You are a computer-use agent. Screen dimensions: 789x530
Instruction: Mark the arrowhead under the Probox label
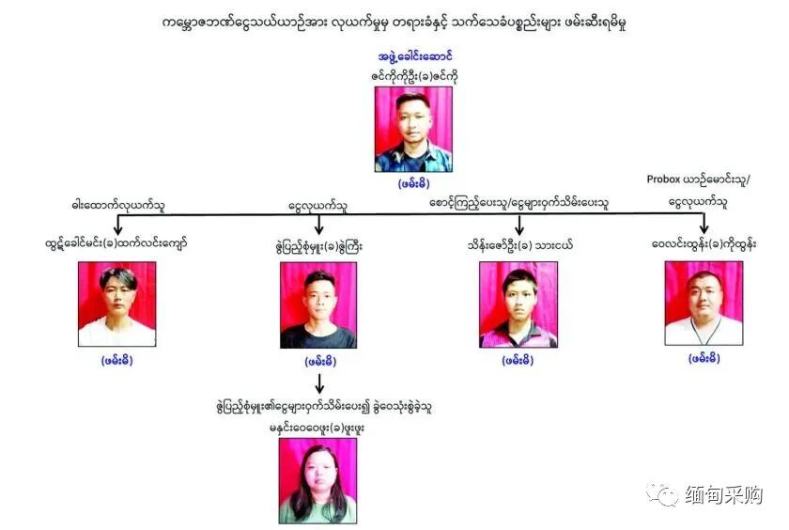704,228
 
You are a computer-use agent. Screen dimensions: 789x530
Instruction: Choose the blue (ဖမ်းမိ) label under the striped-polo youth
518,360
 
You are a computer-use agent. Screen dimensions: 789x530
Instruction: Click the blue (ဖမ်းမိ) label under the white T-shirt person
116,359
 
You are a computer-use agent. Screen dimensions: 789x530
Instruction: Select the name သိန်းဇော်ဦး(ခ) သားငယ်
518,245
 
